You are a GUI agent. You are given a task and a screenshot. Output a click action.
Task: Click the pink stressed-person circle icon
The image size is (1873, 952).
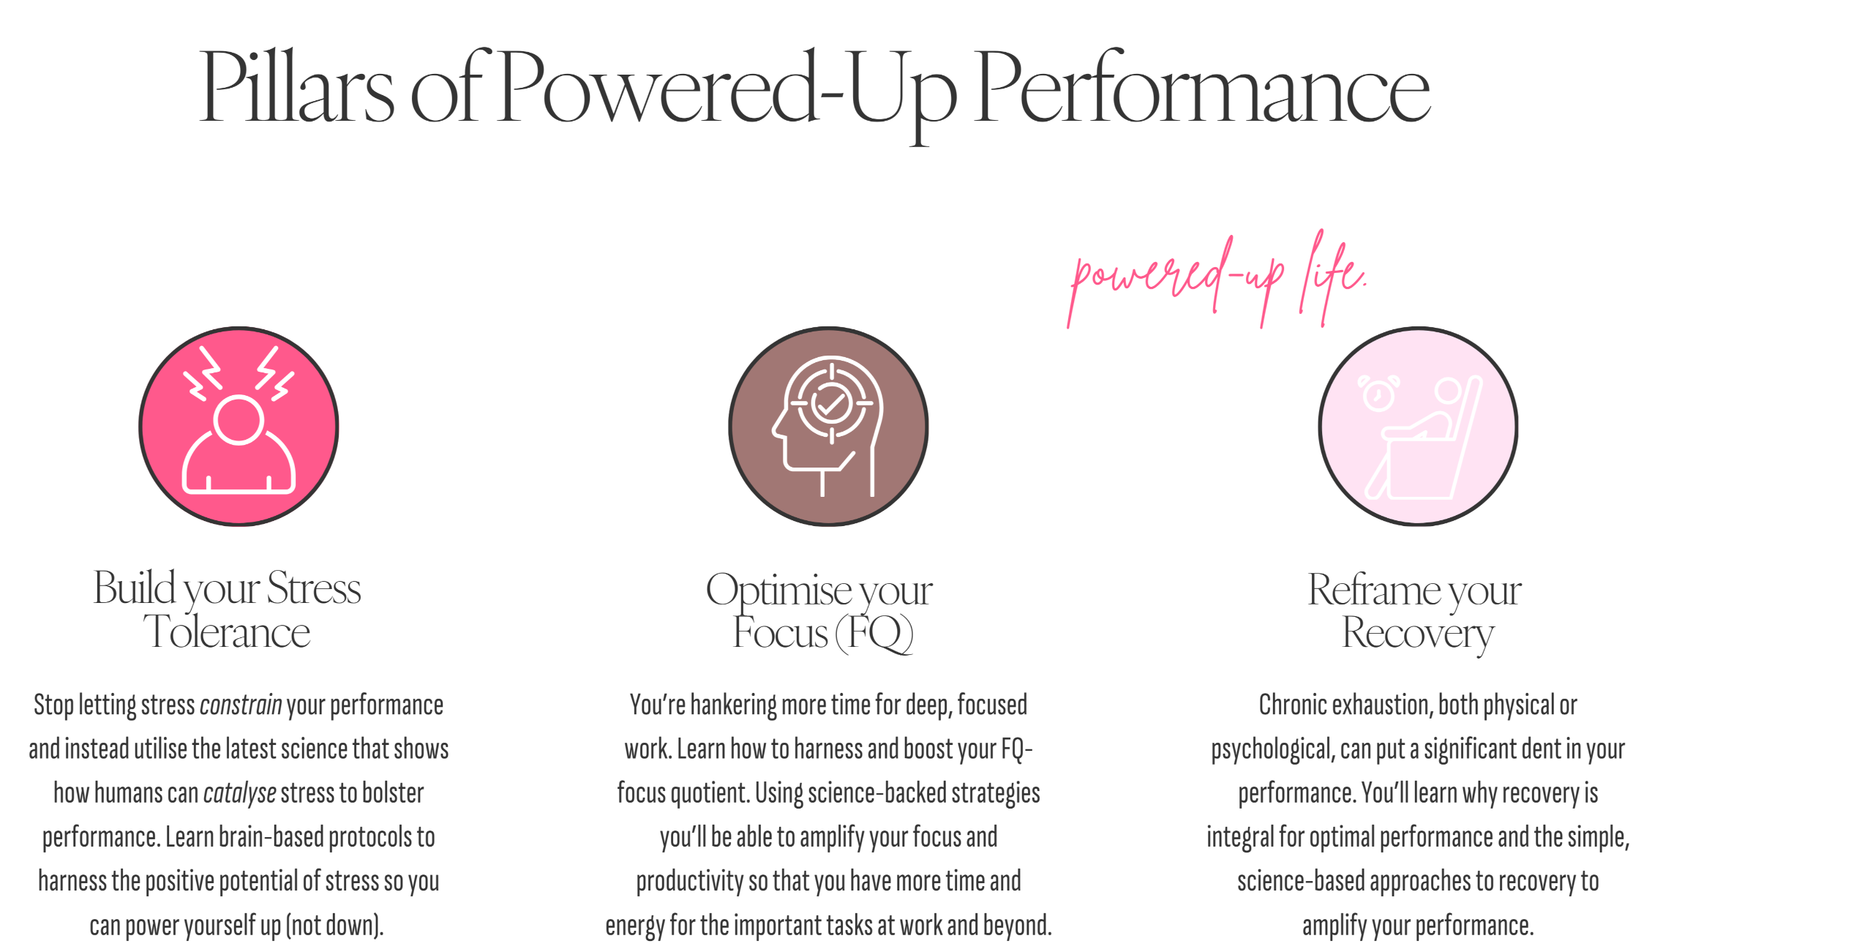pyautogui.click(x=239, y=427)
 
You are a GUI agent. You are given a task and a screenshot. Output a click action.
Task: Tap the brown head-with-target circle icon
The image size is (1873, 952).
pyautogui.click(x=828, y=427)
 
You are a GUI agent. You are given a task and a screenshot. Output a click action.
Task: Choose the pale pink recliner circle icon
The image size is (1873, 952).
pyautogui.click(x=1418, y=427)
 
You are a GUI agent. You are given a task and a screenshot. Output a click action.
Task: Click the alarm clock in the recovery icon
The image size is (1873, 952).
pyautogui.click(x=1378, y=394)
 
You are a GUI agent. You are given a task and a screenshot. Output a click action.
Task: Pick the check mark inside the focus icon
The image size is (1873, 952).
pyautogui.click(x=831, y=402)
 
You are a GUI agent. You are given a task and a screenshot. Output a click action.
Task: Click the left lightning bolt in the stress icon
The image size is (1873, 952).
pyautogui.click(x=205, y=373)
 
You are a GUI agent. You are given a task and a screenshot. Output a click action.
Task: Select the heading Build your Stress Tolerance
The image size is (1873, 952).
pyautogui.click(x=227, y=609)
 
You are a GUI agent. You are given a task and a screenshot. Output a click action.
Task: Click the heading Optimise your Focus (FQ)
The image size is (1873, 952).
pyautogui.click(x=819, y=611)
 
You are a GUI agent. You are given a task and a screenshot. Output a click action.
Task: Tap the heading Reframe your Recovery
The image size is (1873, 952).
pyautogui.click(x=1415, y=611)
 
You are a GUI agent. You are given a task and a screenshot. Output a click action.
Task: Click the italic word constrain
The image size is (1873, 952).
pyautogui.click(x=241, y=705)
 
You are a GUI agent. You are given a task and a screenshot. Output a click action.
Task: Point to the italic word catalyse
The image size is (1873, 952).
pyautogui.click(x=239, y=793)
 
